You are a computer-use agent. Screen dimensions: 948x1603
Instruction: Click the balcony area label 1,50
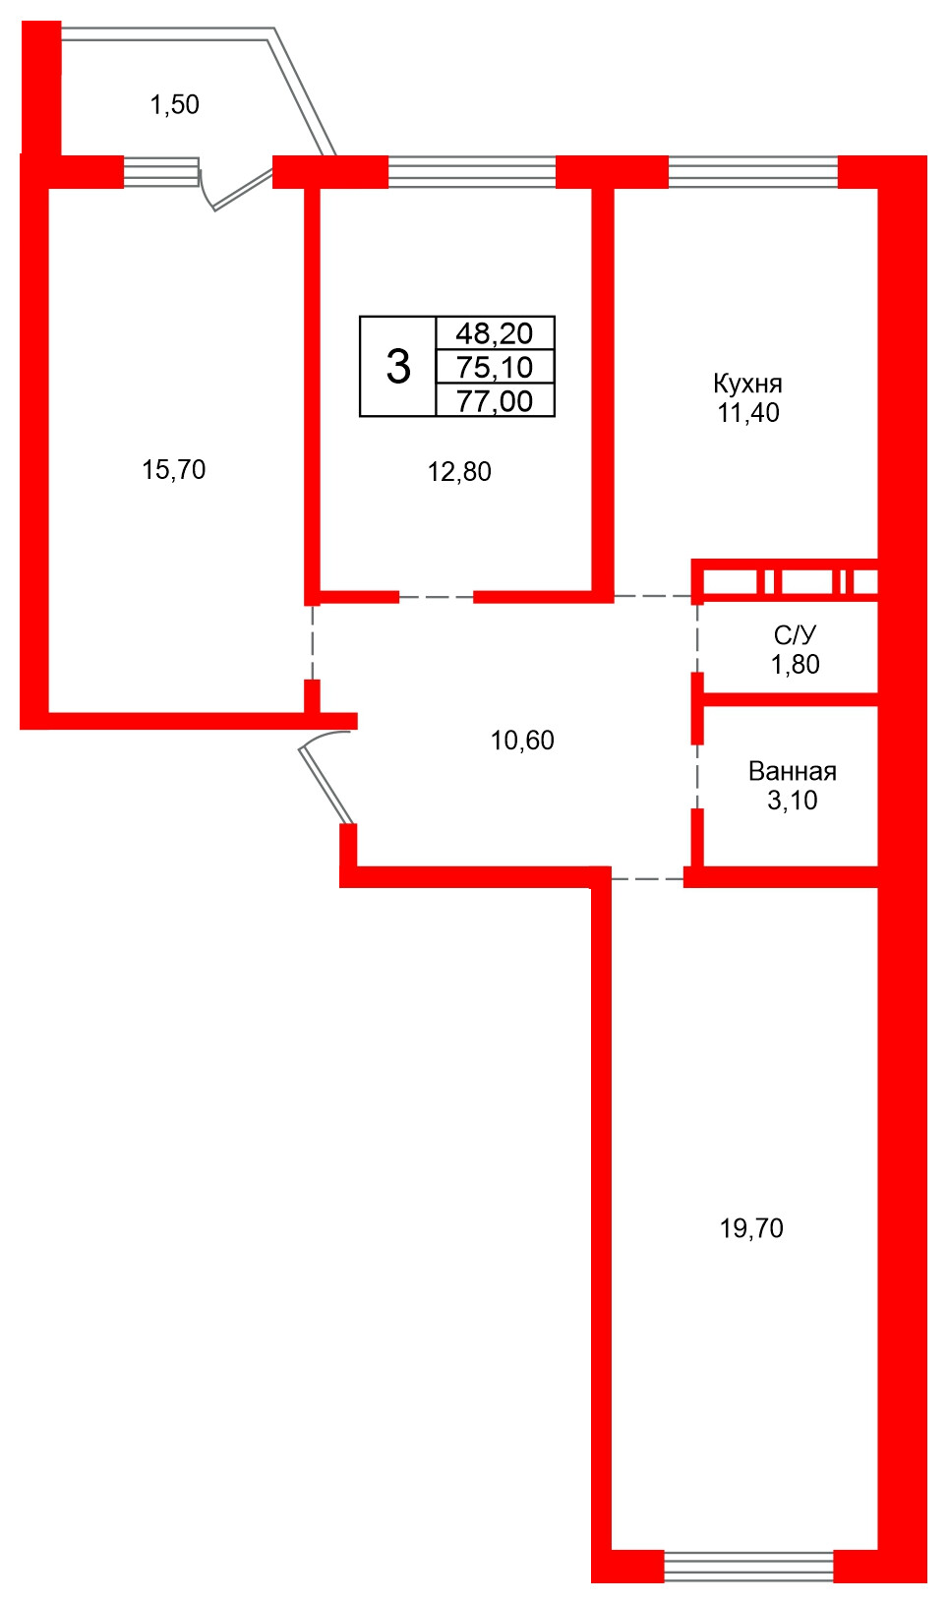[x=175, y=105]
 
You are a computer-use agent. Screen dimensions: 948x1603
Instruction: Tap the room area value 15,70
[x=174, y=470]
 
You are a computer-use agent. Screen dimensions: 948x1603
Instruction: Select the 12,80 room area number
[x=459, y=472]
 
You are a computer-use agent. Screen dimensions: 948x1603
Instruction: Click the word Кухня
[x=747, y=385]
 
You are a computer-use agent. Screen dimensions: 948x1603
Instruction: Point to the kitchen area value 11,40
[x=748, y=413]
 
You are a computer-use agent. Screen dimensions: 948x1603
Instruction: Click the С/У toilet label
[x=795, y=634]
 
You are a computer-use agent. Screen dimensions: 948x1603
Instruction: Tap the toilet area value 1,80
[x=795, y=665]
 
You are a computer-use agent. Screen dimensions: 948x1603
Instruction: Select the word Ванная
[x=793, y=771]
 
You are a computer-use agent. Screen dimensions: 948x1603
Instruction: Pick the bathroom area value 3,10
[x=792, y=801]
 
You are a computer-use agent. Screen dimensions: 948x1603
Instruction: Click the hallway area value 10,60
[x=522, y=741]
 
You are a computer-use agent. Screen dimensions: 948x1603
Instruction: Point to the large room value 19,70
[x=751, y=1228]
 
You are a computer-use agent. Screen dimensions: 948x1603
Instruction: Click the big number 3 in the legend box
[x=398, y=367]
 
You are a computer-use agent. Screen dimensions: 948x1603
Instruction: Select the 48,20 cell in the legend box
[x=495, y=333]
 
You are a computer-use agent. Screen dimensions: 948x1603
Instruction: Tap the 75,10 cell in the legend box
[x=495, y=368]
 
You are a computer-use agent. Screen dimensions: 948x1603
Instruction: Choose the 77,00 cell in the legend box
[x=495, y=401]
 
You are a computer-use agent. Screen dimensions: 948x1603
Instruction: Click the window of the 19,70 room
[x=749, y=1565]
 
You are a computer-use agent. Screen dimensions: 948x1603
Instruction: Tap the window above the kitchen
[x=752, y=172]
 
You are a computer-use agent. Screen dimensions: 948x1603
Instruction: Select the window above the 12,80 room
[x=472, y=172]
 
